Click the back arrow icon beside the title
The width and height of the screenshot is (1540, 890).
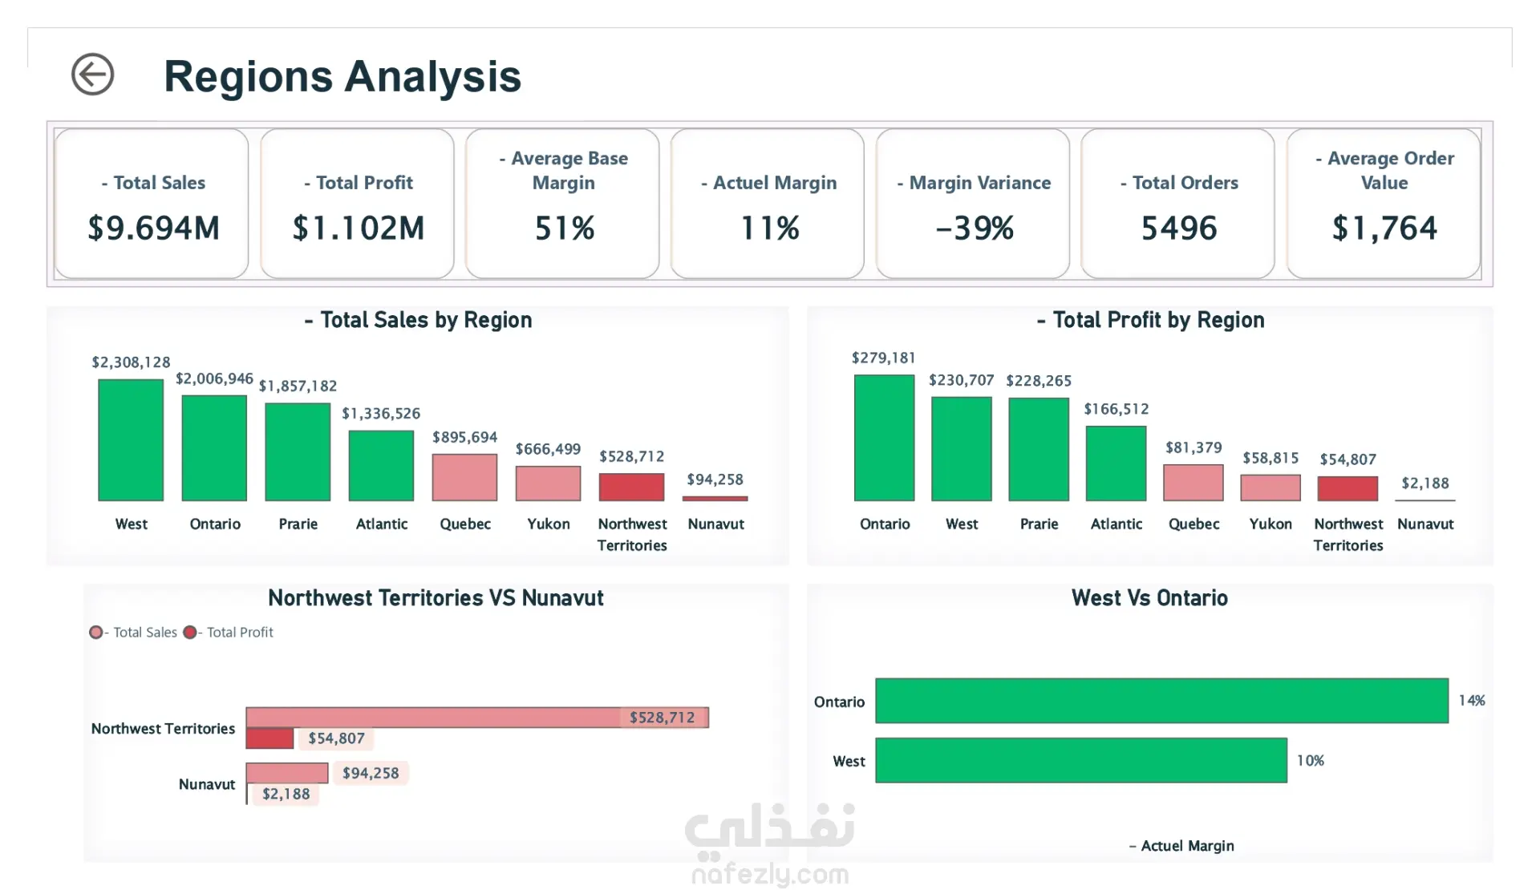[92, 75]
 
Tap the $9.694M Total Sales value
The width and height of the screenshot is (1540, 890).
[153, 229]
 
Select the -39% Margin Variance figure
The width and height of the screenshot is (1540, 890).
[975, 229]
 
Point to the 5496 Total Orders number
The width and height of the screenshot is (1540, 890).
[1179, 229]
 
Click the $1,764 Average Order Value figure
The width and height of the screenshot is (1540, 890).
[1384, 229]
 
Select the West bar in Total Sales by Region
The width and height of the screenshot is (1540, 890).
[131, 440]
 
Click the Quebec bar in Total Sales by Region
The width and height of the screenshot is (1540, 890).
[464, 478]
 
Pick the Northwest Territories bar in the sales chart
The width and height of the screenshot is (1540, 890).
[632, 487]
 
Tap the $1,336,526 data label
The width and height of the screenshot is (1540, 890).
[381, 414]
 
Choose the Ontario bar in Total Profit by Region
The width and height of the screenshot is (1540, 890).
[884, 438]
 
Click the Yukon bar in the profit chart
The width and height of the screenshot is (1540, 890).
[1270, 487]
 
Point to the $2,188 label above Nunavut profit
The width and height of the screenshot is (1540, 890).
[1425, 483]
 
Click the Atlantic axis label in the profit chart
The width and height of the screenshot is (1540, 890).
[1116, 524]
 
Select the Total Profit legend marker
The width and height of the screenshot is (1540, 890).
[190, 633]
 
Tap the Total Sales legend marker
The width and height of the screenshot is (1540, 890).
[96, 633]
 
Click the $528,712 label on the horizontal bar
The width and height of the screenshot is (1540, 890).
[662, 718]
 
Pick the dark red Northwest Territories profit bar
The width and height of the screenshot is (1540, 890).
[269, 738]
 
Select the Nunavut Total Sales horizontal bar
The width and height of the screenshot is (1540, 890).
[287, 773]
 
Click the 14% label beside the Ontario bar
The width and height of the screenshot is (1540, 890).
[1472, 701]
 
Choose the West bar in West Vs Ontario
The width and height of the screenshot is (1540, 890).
[1081, 760]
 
